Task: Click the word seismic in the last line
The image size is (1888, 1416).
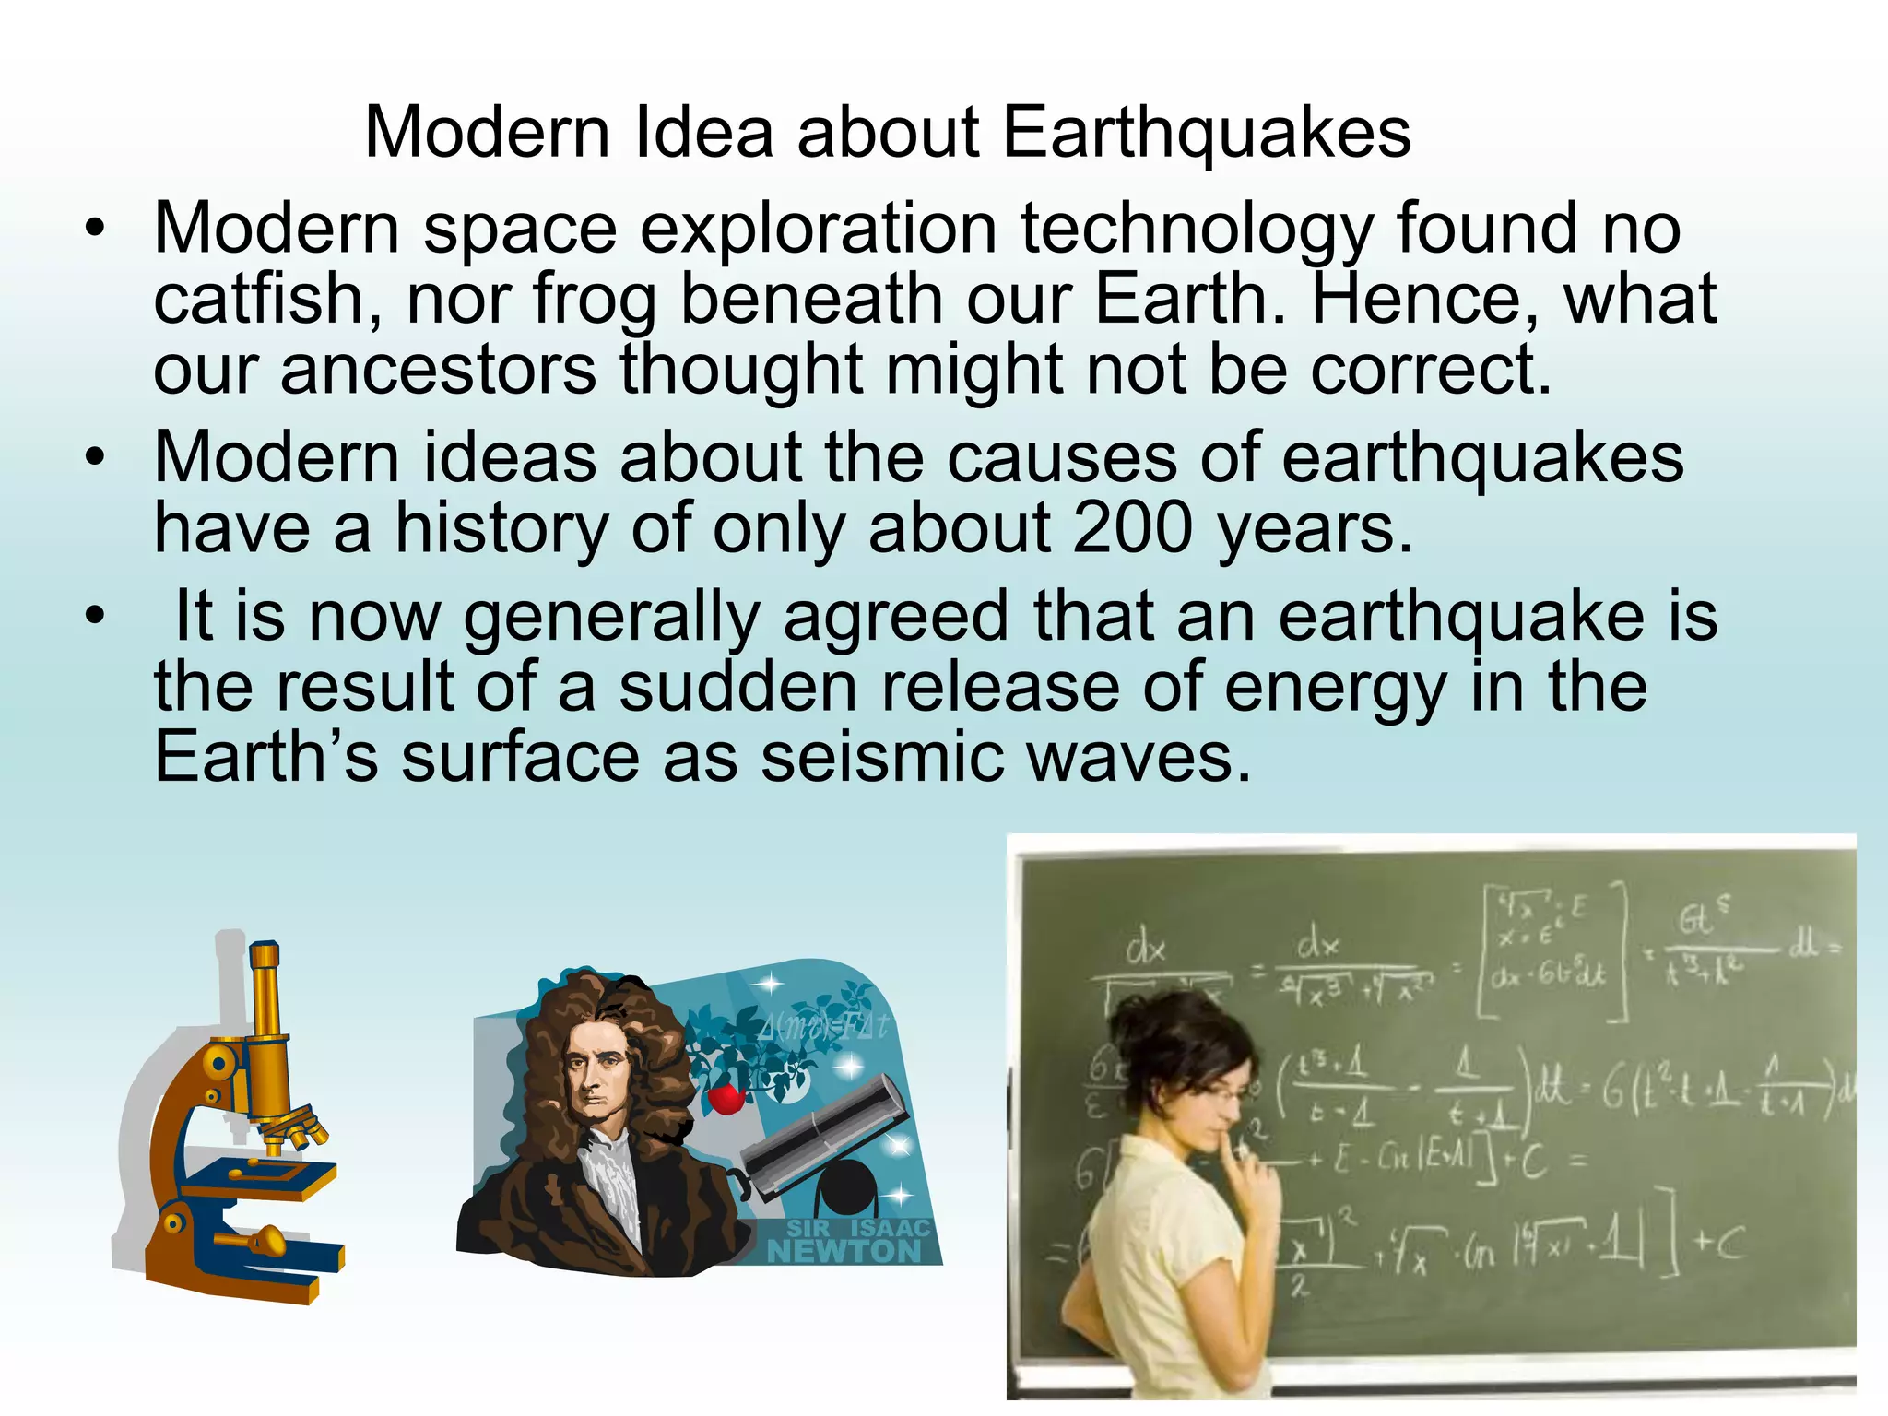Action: (882, 758)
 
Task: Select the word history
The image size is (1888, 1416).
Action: (502, 529)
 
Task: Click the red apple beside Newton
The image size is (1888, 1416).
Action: (726, 1098)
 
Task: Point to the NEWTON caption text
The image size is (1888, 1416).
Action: (844, 1251)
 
